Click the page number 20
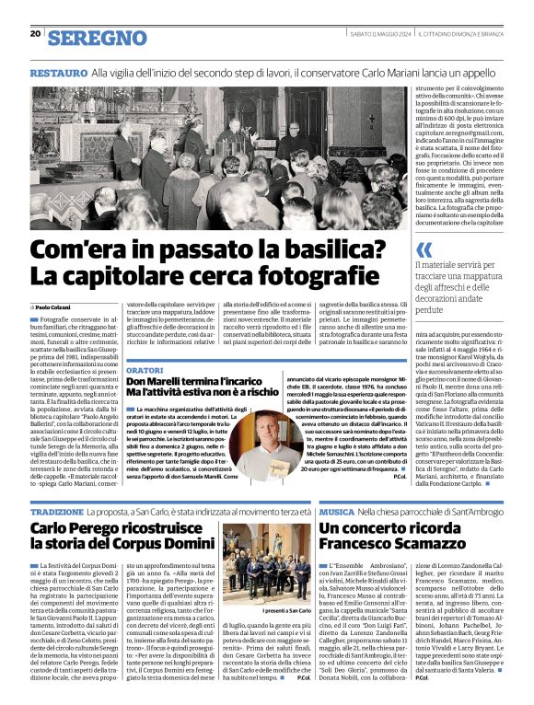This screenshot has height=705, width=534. [x=35, y=33]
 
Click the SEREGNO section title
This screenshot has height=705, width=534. [x=97, y=38]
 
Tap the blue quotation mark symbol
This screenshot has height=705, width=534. [x=424, y=249]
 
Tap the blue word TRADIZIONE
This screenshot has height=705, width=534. [x=57, y=511]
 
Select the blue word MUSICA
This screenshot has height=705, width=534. [x=337, y=511]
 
